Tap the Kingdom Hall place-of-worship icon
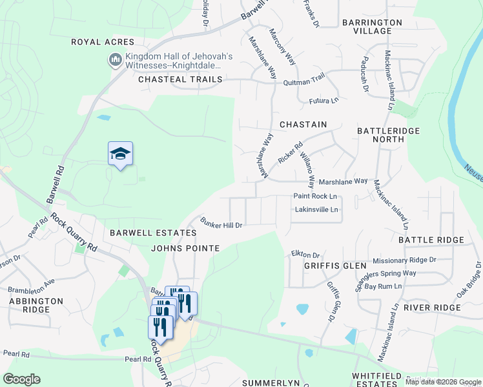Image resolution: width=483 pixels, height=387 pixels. [x=116, y=60]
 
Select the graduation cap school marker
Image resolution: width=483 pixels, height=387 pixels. [x=120, y=154]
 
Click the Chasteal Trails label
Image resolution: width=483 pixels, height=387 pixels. [x=180, y=79]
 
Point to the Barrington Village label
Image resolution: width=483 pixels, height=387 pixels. [x=372, y=26]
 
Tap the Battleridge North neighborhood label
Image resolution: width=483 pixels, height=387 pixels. [x=388, y=135]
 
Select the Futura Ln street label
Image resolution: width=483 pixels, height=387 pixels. [x=325, y=101]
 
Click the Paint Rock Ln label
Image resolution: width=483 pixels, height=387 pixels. [x=316, y=196]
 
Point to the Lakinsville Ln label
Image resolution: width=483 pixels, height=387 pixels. [x=316, y=210]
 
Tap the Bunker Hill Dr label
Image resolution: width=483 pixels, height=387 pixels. [x=221, y=225]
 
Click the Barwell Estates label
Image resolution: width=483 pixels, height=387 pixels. [x=152, y=233]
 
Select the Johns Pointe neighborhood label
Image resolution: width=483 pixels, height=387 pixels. [x=185, y=248]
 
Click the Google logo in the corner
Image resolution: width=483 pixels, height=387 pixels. [x=21, y=379]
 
